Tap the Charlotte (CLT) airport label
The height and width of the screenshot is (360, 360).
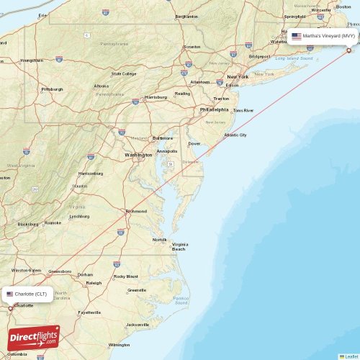pyautogui.click(x=30, y=294)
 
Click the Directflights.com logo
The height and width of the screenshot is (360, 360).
pyautogui.click(x=34, y=337)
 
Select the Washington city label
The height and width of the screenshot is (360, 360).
pyautogui.click(x=138, y=155)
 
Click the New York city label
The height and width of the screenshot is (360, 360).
pyautogui.click(x=238, y=76)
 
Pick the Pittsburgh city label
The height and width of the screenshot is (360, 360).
pyautogui.click(x=53, y=89)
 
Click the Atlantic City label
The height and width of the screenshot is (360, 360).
pyautogui.click(x=235, y=135)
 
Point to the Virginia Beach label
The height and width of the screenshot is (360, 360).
pyautogui.click(x=179, y=246)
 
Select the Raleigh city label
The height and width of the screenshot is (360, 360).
pyautogui.click(x=94, y=283)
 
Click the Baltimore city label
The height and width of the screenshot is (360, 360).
pyautogui.click(x=163, y=138)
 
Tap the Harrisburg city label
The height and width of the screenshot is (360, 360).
pyautogui.click(x=156, y=96)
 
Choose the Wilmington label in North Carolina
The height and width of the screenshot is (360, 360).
pyautogui.click(x=120, y=345)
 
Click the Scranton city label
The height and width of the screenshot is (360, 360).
pyautogui.click(x=192, y=47)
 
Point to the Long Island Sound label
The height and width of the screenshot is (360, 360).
pyautogui.click(x=291, y=58)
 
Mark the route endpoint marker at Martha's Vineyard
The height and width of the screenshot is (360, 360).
pyautogui.click(x=349, y=50)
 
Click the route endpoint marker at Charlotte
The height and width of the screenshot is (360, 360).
pyautogui.click(x=9, y=308)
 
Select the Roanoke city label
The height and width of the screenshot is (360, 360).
pyautogui.click(x=53, y=223)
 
